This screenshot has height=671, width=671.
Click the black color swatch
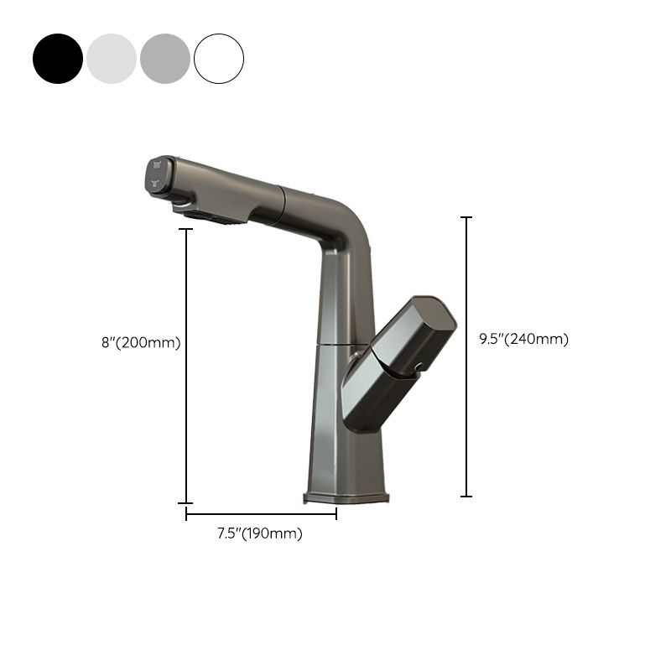click(x=58, y=59)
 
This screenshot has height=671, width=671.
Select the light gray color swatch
click(x=112, y=59)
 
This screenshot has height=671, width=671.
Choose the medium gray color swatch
click(x=165, y=59)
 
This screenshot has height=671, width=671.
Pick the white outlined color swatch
click(x=219, y=59)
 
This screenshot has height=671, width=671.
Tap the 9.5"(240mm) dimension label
click(x=524, y=339)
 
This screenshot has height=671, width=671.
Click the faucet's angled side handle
click(x=394, y=365)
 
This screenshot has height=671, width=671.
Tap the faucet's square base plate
click(x=346, y=498)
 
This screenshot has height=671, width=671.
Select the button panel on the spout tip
click(x=157, y=175)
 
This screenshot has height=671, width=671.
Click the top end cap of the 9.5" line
click(x=466, y=217)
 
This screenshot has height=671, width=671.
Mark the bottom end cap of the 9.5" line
click(x=466, y=496)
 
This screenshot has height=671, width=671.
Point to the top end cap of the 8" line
click(x=186, y=228)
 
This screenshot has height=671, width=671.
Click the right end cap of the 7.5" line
click(x=336, y=514)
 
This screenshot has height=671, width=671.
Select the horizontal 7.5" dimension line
click(x=260, y=514)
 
